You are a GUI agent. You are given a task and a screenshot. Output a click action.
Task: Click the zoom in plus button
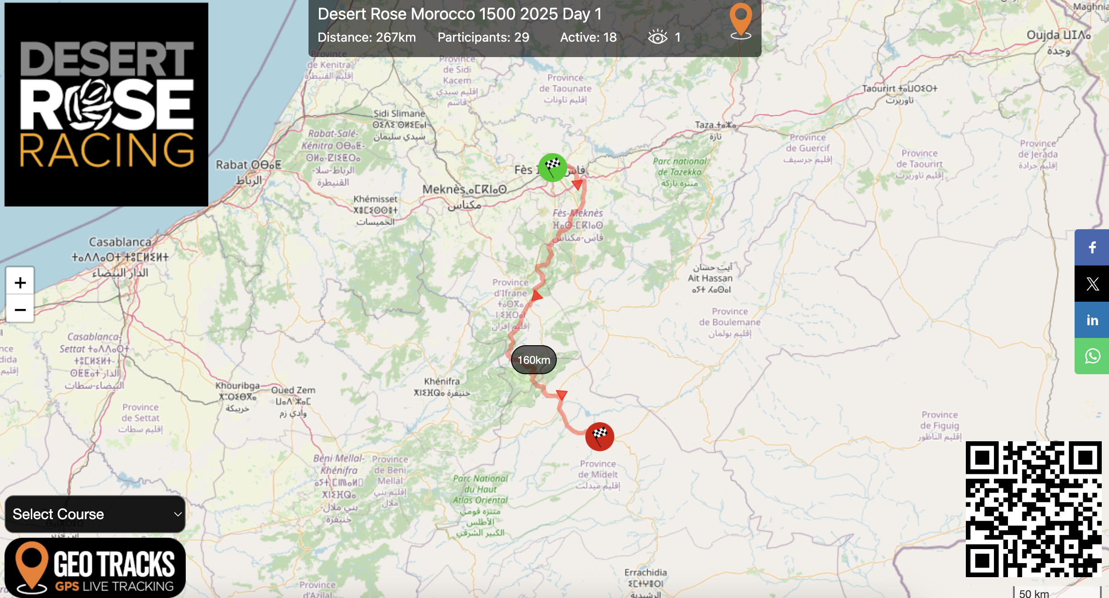click(x=20, y=283)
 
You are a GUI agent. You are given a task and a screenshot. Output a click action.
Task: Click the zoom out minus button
click(x=20, y=310)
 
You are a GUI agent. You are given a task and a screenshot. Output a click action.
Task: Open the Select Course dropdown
click(x=95, y=514)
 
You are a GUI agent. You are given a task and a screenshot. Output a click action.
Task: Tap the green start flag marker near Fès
click(x=552, y=167)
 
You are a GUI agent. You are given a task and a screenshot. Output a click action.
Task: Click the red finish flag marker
click(x=599, y=436)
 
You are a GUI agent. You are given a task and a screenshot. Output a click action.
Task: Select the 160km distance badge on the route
click(x=534, y=360)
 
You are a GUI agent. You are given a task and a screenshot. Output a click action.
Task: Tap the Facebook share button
click(x=1092, y=247)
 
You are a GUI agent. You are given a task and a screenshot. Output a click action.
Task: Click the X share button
click(x=1092, y=284)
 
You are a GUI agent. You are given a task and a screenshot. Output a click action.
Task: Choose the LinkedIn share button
click(x=1092, y=320)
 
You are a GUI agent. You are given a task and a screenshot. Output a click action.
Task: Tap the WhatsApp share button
click(x=1092, y=357)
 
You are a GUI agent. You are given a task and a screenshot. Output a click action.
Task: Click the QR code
click(x=1033, y=509)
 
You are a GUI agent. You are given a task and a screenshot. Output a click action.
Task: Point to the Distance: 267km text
click(x=366, y=37)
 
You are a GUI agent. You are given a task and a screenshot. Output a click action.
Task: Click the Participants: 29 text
click(x=483, y=37)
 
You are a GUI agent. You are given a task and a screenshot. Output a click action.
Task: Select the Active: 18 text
click(x=588, y=37)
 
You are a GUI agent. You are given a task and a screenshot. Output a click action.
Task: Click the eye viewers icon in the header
click(x=657, y=37)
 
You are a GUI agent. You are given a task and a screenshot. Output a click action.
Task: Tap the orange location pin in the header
click(x=741, y=21)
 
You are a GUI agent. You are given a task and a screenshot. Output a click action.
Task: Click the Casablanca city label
click(x=120, y=242)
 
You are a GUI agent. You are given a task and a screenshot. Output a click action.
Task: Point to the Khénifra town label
click(x=442, y=381)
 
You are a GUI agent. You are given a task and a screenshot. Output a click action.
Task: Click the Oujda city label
click(x=1058, y=35)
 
